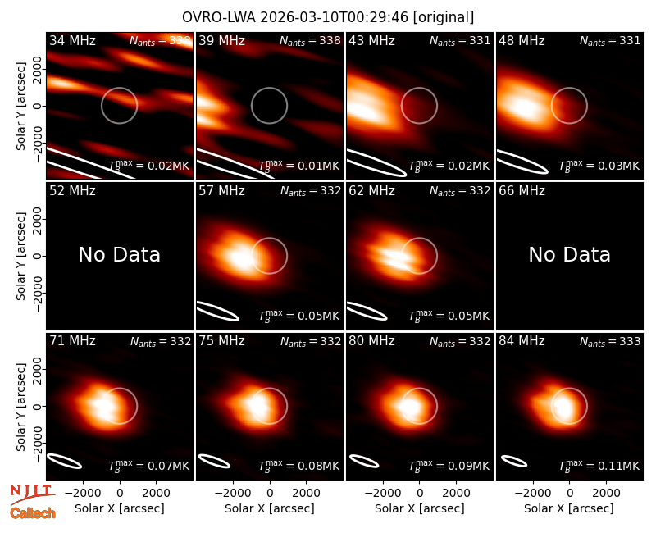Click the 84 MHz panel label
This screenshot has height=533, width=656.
522,341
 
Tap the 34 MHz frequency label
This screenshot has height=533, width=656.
72,40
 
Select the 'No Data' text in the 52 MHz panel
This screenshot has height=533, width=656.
120,254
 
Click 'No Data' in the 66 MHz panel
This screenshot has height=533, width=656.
569,254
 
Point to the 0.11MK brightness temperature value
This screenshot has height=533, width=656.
599,466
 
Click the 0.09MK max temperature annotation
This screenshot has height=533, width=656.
449,466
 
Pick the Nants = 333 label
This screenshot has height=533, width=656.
610,342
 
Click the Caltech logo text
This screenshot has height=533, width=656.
33,513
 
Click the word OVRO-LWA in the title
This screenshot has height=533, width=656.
219,17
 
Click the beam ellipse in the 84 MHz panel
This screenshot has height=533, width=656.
514,461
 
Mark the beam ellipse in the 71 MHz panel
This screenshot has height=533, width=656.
64,461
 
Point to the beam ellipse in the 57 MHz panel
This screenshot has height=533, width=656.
217,311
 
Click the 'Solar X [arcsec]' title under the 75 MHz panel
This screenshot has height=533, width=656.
270,508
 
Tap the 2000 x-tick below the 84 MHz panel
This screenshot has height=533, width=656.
606,494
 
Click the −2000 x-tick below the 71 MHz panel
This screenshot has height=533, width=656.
82,494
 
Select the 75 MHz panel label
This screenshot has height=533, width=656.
221,341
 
